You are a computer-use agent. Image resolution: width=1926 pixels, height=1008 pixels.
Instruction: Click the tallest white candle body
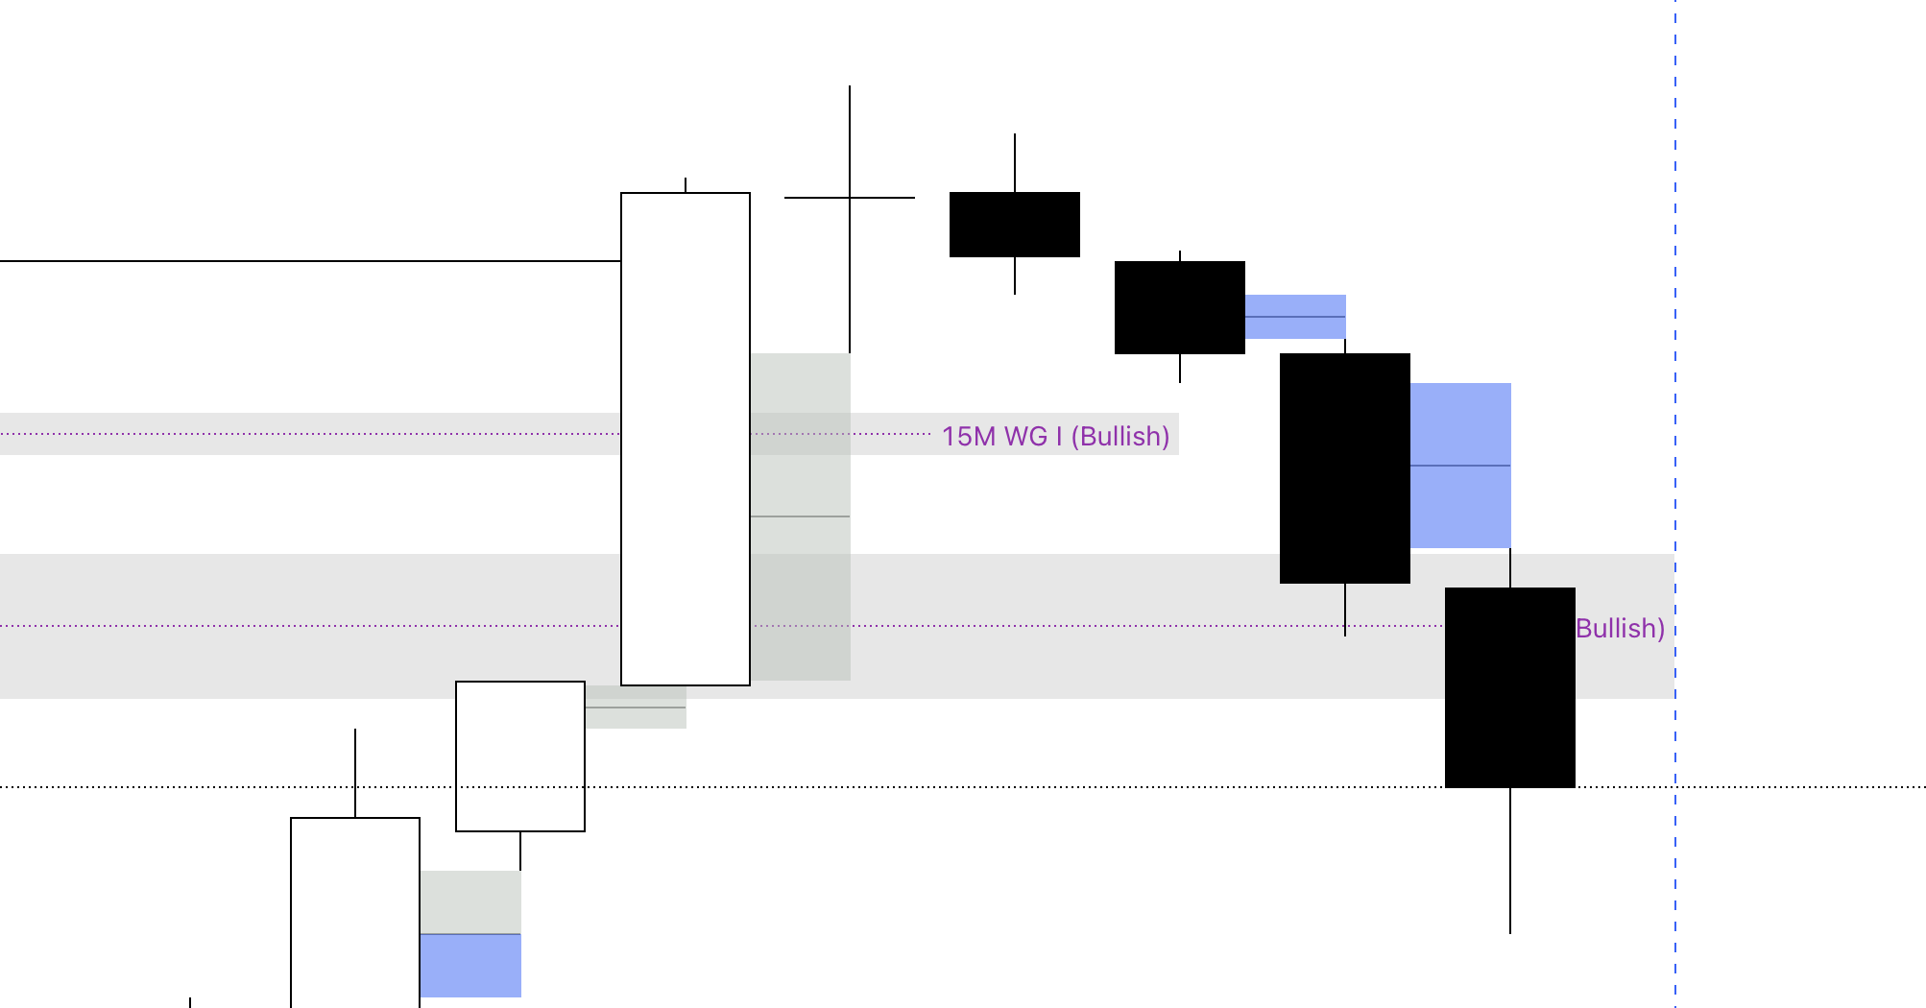click(685, 439)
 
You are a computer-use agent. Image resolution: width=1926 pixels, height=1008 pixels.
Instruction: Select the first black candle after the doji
click(1014, 225)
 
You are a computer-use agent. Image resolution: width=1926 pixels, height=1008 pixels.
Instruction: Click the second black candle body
click(1179, 307)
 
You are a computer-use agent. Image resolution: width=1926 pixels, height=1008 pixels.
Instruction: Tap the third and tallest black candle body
click(1344, 468)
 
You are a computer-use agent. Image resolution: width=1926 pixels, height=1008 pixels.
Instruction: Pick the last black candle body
click(1509, 687)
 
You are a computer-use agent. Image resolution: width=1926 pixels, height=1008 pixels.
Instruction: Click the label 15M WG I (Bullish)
click(1055, 436)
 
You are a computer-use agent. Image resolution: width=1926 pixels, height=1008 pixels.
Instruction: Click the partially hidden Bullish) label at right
click(1620, 628)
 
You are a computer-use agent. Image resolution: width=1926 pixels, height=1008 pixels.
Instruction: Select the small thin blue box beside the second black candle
click(1295, 317)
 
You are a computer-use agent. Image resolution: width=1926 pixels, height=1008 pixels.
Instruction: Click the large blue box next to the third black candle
click(1460, 466)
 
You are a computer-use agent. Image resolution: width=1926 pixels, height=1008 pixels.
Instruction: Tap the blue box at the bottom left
click(470, 966)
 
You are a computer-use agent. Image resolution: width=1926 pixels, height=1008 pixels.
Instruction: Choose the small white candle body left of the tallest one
click(519, 756)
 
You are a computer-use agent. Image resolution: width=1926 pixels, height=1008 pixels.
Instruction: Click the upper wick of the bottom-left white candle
click(355, 773)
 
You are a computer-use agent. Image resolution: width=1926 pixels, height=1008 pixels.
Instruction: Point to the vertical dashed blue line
click(1675, 288)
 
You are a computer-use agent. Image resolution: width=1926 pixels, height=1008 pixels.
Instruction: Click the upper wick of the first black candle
click(1015, 163)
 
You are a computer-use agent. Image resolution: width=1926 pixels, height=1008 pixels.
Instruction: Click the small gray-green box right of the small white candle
click(635, 708)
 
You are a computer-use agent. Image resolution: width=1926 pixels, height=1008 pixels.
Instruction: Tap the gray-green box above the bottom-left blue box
click(470, 901)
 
